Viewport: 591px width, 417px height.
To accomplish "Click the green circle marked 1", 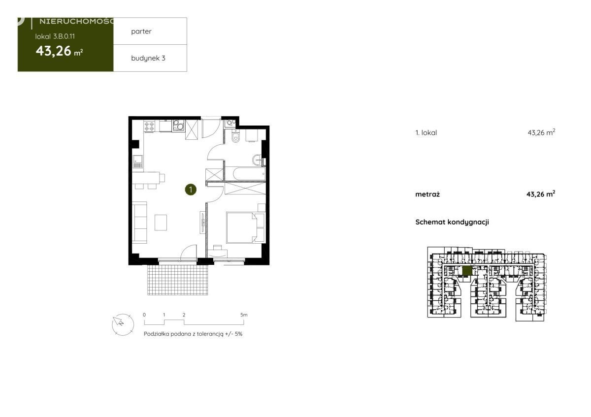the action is coord(191,190).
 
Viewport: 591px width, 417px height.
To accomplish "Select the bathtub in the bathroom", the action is coord(249,174).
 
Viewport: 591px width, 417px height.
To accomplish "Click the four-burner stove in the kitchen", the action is coord(149,126).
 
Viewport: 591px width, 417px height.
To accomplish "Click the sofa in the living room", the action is coord(139,223).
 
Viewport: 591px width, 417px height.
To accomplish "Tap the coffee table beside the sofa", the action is coord(161,223).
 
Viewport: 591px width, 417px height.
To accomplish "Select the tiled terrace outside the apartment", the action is coord(178,280).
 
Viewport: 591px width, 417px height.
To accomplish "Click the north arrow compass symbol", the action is coord(123,324).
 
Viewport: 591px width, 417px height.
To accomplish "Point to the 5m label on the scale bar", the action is coord(244,315).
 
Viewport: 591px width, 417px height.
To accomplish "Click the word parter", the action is coord(141,32).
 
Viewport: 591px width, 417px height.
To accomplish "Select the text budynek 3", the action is coord(148,58).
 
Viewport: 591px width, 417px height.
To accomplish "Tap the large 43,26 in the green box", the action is coord(54,51).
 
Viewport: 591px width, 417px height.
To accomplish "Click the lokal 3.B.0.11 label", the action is coord(55,36).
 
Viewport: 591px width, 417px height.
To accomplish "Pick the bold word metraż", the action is coord(427,194).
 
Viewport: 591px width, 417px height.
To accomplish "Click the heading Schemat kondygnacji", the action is coord(452,222).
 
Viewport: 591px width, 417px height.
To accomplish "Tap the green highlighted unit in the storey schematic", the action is coord(467,270).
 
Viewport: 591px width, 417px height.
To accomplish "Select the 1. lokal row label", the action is coord(426,132).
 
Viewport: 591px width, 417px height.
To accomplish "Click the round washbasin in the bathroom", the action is coord(257,160).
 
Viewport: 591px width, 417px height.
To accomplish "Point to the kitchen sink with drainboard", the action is coord(137,161).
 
